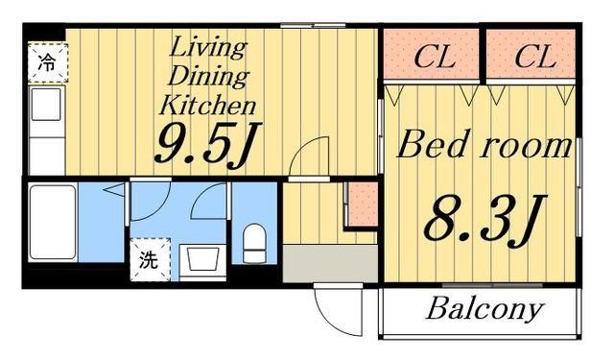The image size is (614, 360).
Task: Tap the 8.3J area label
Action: (x=479, y=220)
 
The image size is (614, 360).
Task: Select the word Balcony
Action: (x=484, y=310)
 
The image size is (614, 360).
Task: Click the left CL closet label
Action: (x=433, y=57)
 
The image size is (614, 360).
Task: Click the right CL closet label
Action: (x=534, y=57)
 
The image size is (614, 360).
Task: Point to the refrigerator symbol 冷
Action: (x=46, y=64)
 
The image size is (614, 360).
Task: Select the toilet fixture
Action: (x=254, y=243)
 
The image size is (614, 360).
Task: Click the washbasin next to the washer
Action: (x=201, y=257)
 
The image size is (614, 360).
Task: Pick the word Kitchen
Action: (x=207, y=104)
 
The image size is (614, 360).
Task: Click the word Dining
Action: (x=207, y=75)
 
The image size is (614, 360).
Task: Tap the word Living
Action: (x=207, y=46)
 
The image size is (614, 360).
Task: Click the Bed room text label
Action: (x=484, y=147)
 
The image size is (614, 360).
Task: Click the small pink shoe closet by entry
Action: (x=360, y=203)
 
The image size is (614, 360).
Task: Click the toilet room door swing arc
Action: (x=209, y=202)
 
